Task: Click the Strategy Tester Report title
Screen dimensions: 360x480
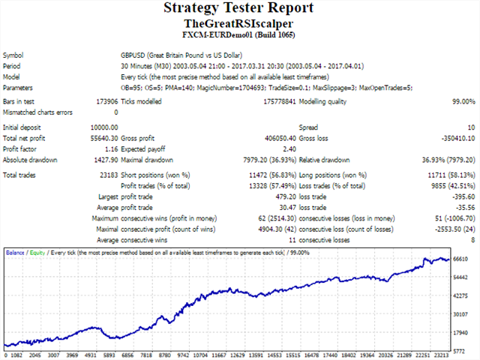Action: (239, 9)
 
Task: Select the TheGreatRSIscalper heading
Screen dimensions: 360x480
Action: (239, 23)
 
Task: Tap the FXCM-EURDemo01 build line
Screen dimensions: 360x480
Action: (239, 35)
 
